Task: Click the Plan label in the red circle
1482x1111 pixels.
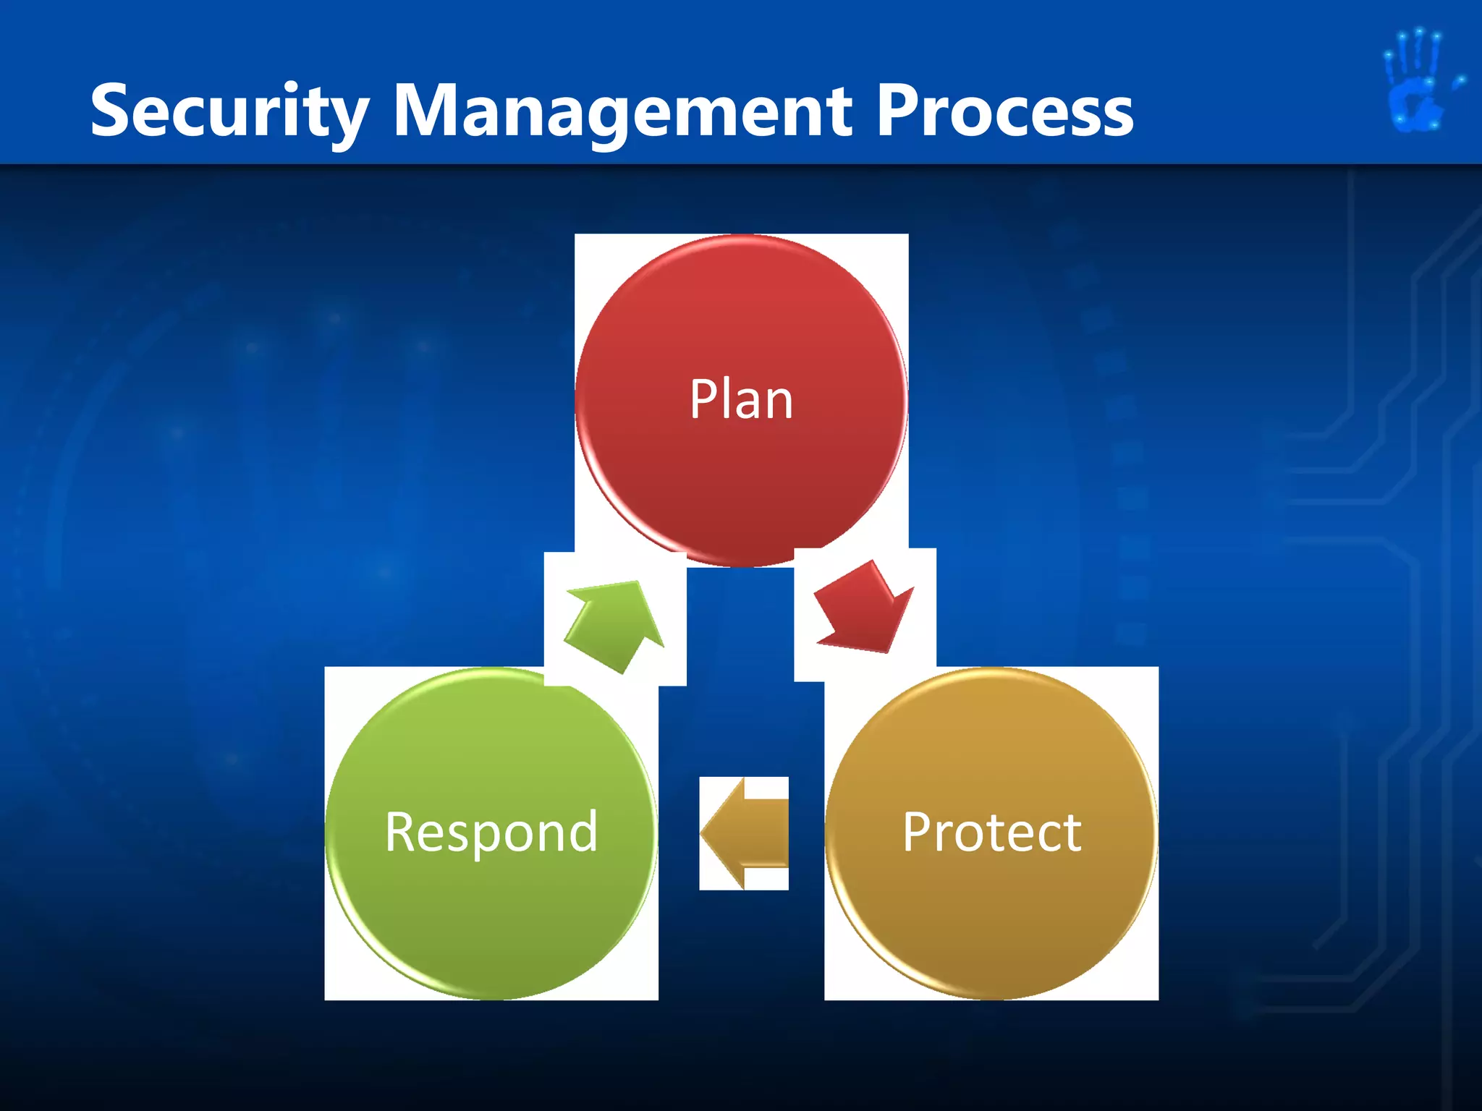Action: coord(741,399)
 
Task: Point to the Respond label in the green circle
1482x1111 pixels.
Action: coord(491,833)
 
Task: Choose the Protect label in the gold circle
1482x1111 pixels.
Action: coord(991,833)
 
